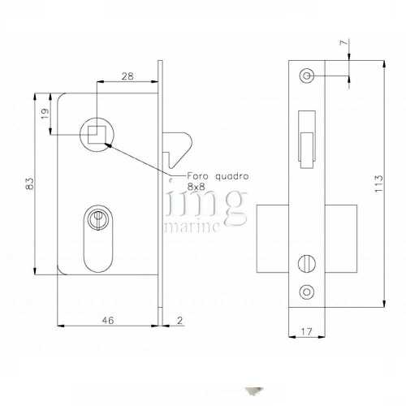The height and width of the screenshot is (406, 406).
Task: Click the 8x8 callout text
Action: (197, 186)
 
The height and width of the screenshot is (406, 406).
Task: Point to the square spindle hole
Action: (96, 130)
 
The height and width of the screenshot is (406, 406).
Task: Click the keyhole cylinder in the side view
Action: (97, 220)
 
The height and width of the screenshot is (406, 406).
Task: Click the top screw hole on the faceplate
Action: (306, 76)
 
